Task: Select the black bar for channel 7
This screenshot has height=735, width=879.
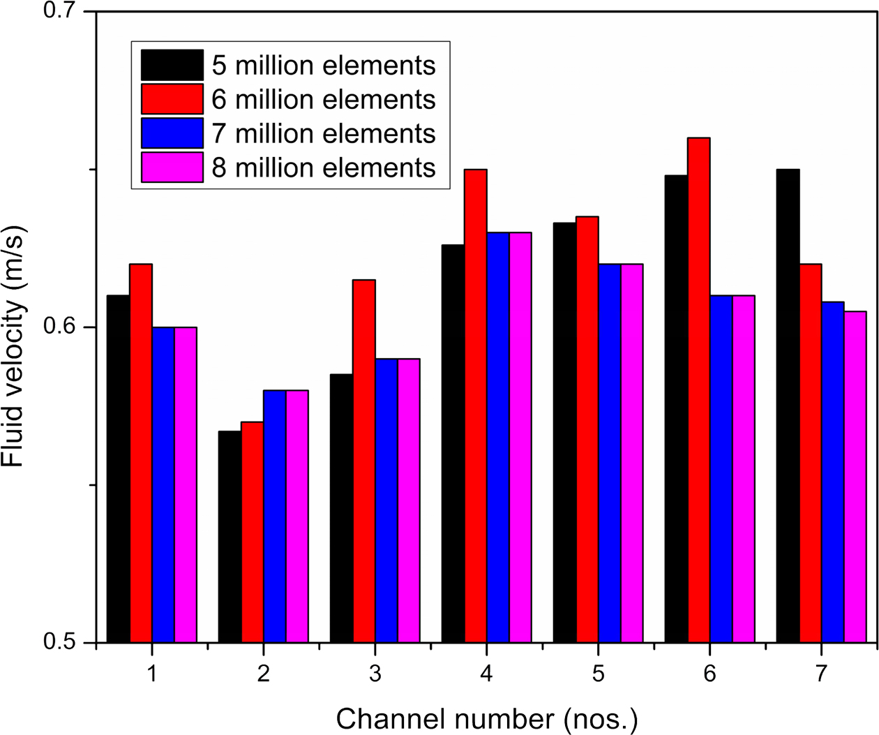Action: pos(788,406)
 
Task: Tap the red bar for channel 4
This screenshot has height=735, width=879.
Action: pos(476,406)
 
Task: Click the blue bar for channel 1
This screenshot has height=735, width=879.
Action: pos(163,484)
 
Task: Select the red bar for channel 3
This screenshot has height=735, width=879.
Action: pos(364,461)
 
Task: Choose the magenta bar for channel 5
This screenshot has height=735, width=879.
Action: pos(632,453)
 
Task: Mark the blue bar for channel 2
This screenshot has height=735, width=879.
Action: pos(275,516)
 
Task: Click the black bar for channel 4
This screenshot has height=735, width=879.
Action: pos(453,443)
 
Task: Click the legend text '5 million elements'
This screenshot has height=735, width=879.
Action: pos(324,66)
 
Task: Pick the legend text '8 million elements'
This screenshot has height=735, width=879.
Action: pos(324,168)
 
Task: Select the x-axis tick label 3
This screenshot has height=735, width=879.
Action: pos(375,674)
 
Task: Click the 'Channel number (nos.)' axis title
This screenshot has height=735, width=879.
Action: pos(487,718)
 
